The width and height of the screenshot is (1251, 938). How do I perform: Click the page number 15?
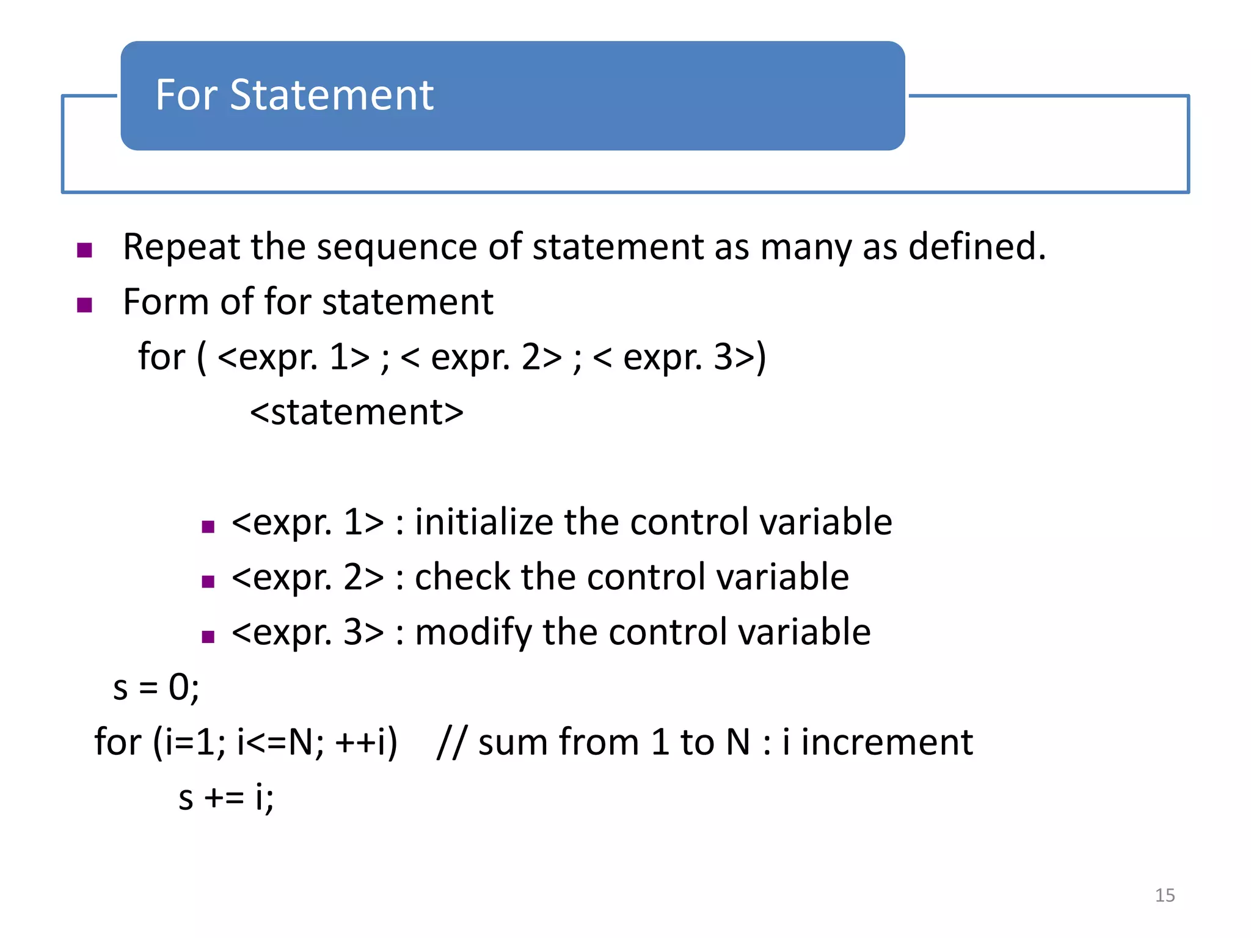coord(1164,895)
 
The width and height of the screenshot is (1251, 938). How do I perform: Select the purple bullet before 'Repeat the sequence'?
coord(85,250)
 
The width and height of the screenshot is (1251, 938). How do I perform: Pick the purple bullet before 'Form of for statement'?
coord(85,305)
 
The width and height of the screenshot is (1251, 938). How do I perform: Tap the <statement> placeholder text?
coord(357,412)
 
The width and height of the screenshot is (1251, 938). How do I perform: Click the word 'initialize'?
coord(483,522)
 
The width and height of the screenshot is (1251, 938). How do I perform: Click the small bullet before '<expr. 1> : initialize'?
coord(208,526)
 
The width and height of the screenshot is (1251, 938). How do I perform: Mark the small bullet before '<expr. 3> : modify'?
coord(208,637)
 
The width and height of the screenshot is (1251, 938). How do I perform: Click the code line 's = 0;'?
coord(156,688)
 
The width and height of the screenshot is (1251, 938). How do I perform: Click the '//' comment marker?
coord(451,743)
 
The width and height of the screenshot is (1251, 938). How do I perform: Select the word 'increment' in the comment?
coord(886,743)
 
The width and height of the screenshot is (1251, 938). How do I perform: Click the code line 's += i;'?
coord(226,798)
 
